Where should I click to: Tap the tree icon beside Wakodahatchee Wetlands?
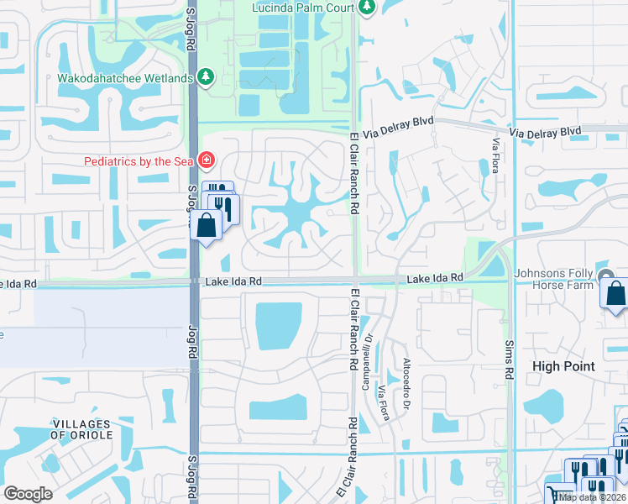206,77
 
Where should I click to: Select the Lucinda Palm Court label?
302,7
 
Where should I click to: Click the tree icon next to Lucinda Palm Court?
365,7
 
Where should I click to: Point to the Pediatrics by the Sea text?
139,160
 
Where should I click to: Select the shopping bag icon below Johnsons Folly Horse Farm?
615,296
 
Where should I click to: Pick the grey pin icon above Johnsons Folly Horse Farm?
606,276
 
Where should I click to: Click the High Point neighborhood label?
564,366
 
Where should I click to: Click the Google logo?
28,494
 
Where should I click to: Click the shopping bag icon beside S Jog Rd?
207,226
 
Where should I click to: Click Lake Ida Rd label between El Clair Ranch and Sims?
436,277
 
